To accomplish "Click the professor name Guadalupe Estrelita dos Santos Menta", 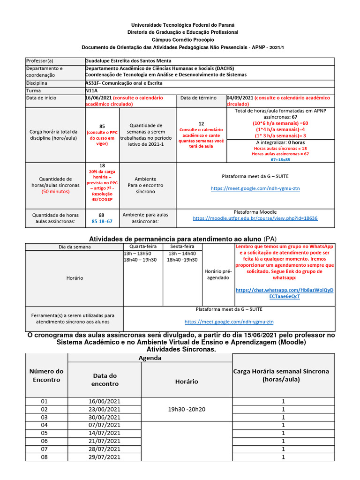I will (x=128, y=61).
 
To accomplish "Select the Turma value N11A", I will (x=92, y=90).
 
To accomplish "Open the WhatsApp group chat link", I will (x=285, y=293).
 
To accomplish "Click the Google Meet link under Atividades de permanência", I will (x=229, y=322).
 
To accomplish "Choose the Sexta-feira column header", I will (x=182, y=247).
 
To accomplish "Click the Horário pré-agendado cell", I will (x=217, y=274).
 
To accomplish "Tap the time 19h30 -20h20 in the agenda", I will (x=187, y=409).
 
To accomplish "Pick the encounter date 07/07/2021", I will (x=105, y=425).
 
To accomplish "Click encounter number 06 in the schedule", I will (x=45, y=441).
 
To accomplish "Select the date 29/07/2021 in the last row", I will (x=105, y=457).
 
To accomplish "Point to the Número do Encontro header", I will (x=46, y=375).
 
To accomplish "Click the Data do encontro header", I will (x=105, y=379).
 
